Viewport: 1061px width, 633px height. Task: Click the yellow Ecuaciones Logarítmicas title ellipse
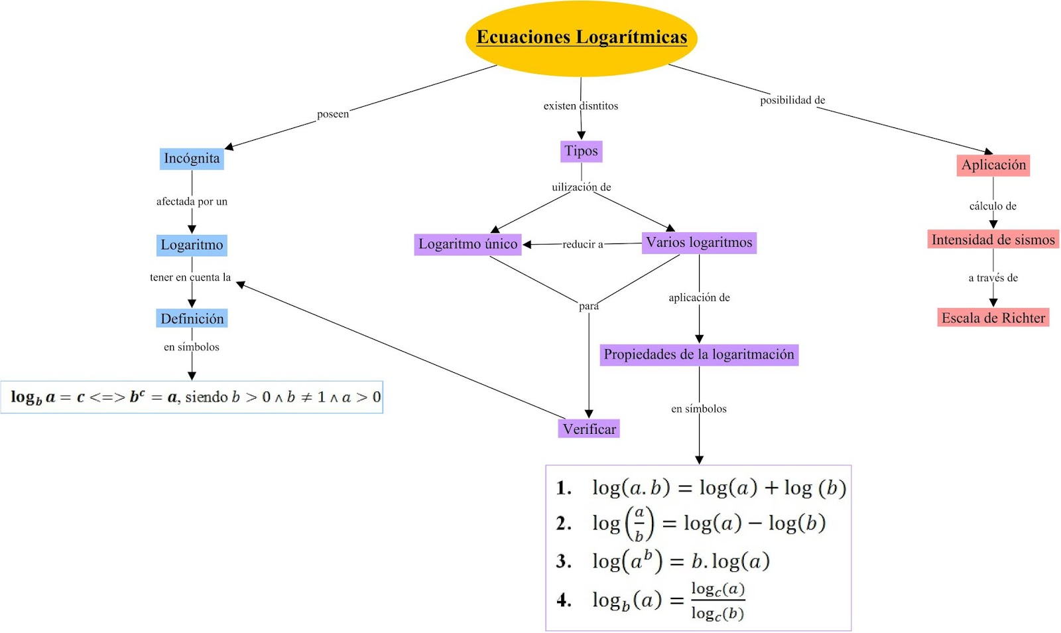click(581, 38)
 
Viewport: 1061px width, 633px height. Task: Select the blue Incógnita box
click(192, 159)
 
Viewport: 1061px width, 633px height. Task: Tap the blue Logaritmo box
click(192, 245)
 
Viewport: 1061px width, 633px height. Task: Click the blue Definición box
click(192, 318)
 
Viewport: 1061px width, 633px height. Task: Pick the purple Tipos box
click(581, 151)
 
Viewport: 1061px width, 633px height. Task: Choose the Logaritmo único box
click(468, 244)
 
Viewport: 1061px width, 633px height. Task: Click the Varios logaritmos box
click(699, 243)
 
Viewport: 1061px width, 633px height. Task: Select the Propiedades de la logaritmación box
click(699, 354)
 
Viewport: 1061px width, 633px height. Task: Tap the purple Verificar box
click(589, 429)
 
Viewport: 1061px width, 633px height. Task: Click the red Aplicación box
click(993, 165)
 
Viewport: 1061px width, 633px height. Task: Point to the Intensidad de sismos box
click(993, 240)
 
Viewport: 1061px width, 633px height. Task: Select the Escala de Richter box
click(993, 318)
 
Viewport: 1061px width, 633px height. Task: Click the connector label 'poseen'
click(332, 114)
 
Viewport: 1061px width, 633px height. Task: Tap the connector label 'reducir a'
click(583, 244)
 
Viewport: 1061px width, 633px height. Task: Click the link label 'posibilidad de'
click(792, 100)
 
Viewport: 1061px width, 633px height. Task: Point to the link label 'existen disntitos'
click(580, 106)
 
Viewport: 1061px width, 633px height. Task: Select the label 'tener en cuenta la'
click(190, 277)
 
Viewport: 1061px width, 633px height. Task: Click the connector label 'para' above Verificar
click(588, 306)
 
